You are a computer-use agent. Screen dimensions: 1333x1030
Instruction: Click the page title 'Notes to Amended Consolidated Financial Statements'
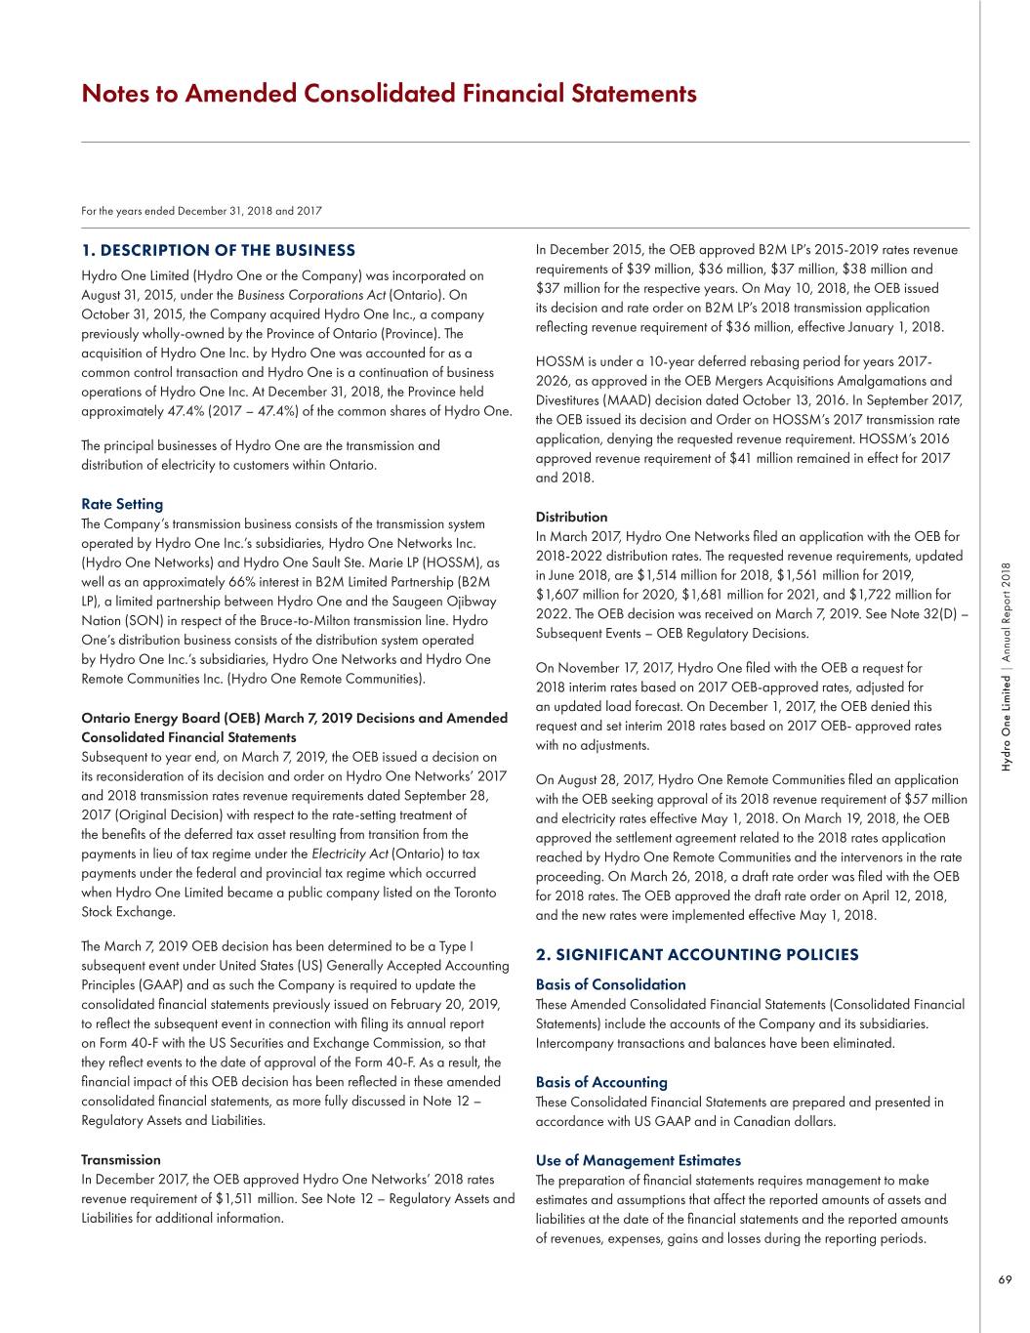[389, 94]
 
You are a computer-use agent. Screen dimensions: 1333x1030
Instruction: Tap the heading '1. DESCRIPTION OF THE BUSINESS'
[218, 251]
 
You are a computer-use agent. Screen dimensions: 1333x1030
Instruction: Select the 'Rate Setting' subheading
[122, 504]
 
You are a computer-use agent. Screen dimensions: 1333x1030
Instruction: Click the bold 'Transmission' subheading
[121, 1160]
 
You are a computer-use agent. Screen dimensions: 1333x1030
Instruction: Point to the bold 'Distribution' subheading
[571, 517]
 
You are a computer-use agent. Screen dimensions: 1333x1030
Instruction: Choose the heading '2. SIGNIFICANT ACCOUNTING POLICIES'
[697, 955]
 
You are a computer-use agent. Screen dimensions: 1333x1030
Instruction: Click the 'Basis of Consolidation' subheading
[610, 984]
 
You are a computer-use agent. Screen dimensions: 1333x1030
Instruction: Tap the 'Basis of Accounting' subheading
[601, 1082]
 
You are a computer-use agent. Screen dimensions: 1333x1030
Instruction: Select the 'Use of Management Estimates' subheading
[638, 1160]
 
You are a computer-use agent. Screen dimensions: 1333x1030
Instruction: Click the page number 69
[1005, 1280]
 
